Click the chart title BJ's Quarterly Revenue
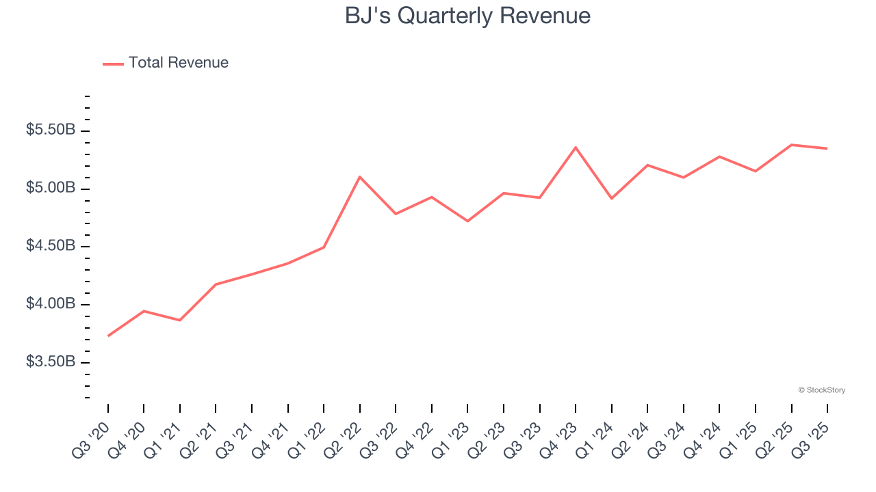[467, 16]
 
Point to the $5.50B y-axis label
[51, 130]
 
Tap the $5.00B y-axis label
[51, 188]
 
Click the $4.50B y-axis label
[51, 246]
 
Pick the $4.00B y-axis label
[51, 304]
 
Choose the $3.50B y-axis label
[51, 361]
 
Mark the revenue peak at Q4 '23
[576, 148]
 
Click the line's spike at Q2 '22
[360, 177]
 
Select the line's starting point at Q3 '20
[108, 336]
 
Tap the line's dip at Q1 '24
[611, 198]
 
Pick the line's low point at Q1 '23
[467, 221]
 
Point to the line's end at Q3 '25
[827, 148]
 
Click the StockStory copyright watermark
[821, 390]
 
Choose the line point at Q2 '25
[791, 145]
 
